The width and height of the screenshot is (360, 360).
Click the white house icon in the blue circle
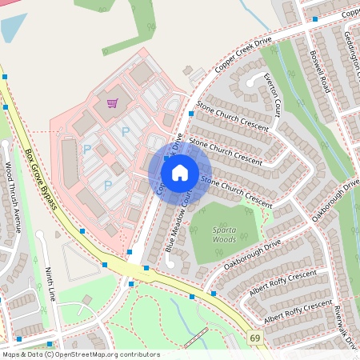pyautogui.click(x=180, y=171)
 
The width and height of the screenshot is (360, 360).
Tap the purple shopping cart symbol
pyautogui.click(x=112, y=103)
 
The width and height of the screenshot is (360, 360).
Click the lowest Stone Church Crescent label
pyautogui.click(x=237, y=189)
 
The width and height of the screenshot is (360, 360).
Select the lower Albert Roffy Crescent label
pyautogui.click(x=298, y=311)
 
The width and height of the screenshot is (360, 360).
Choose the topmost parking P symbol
pyautogui.click(x=125, y=130)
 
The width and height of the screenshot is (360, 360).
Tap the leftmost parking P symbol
pyautogui.click(x=86, y=150)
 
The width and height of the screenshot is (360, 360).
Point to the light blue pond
pyautogui.click(x=12, y=27)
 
